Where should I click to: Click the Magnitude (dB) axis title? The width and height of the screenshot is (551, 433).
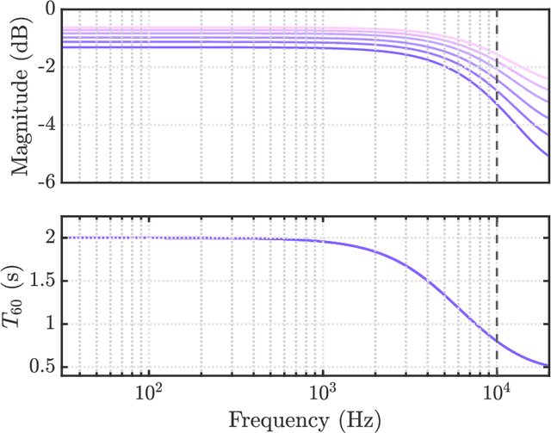[x=20, y=96]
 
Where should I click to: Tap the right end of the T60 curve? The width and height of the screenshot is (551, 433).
[x=548, y=366]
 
